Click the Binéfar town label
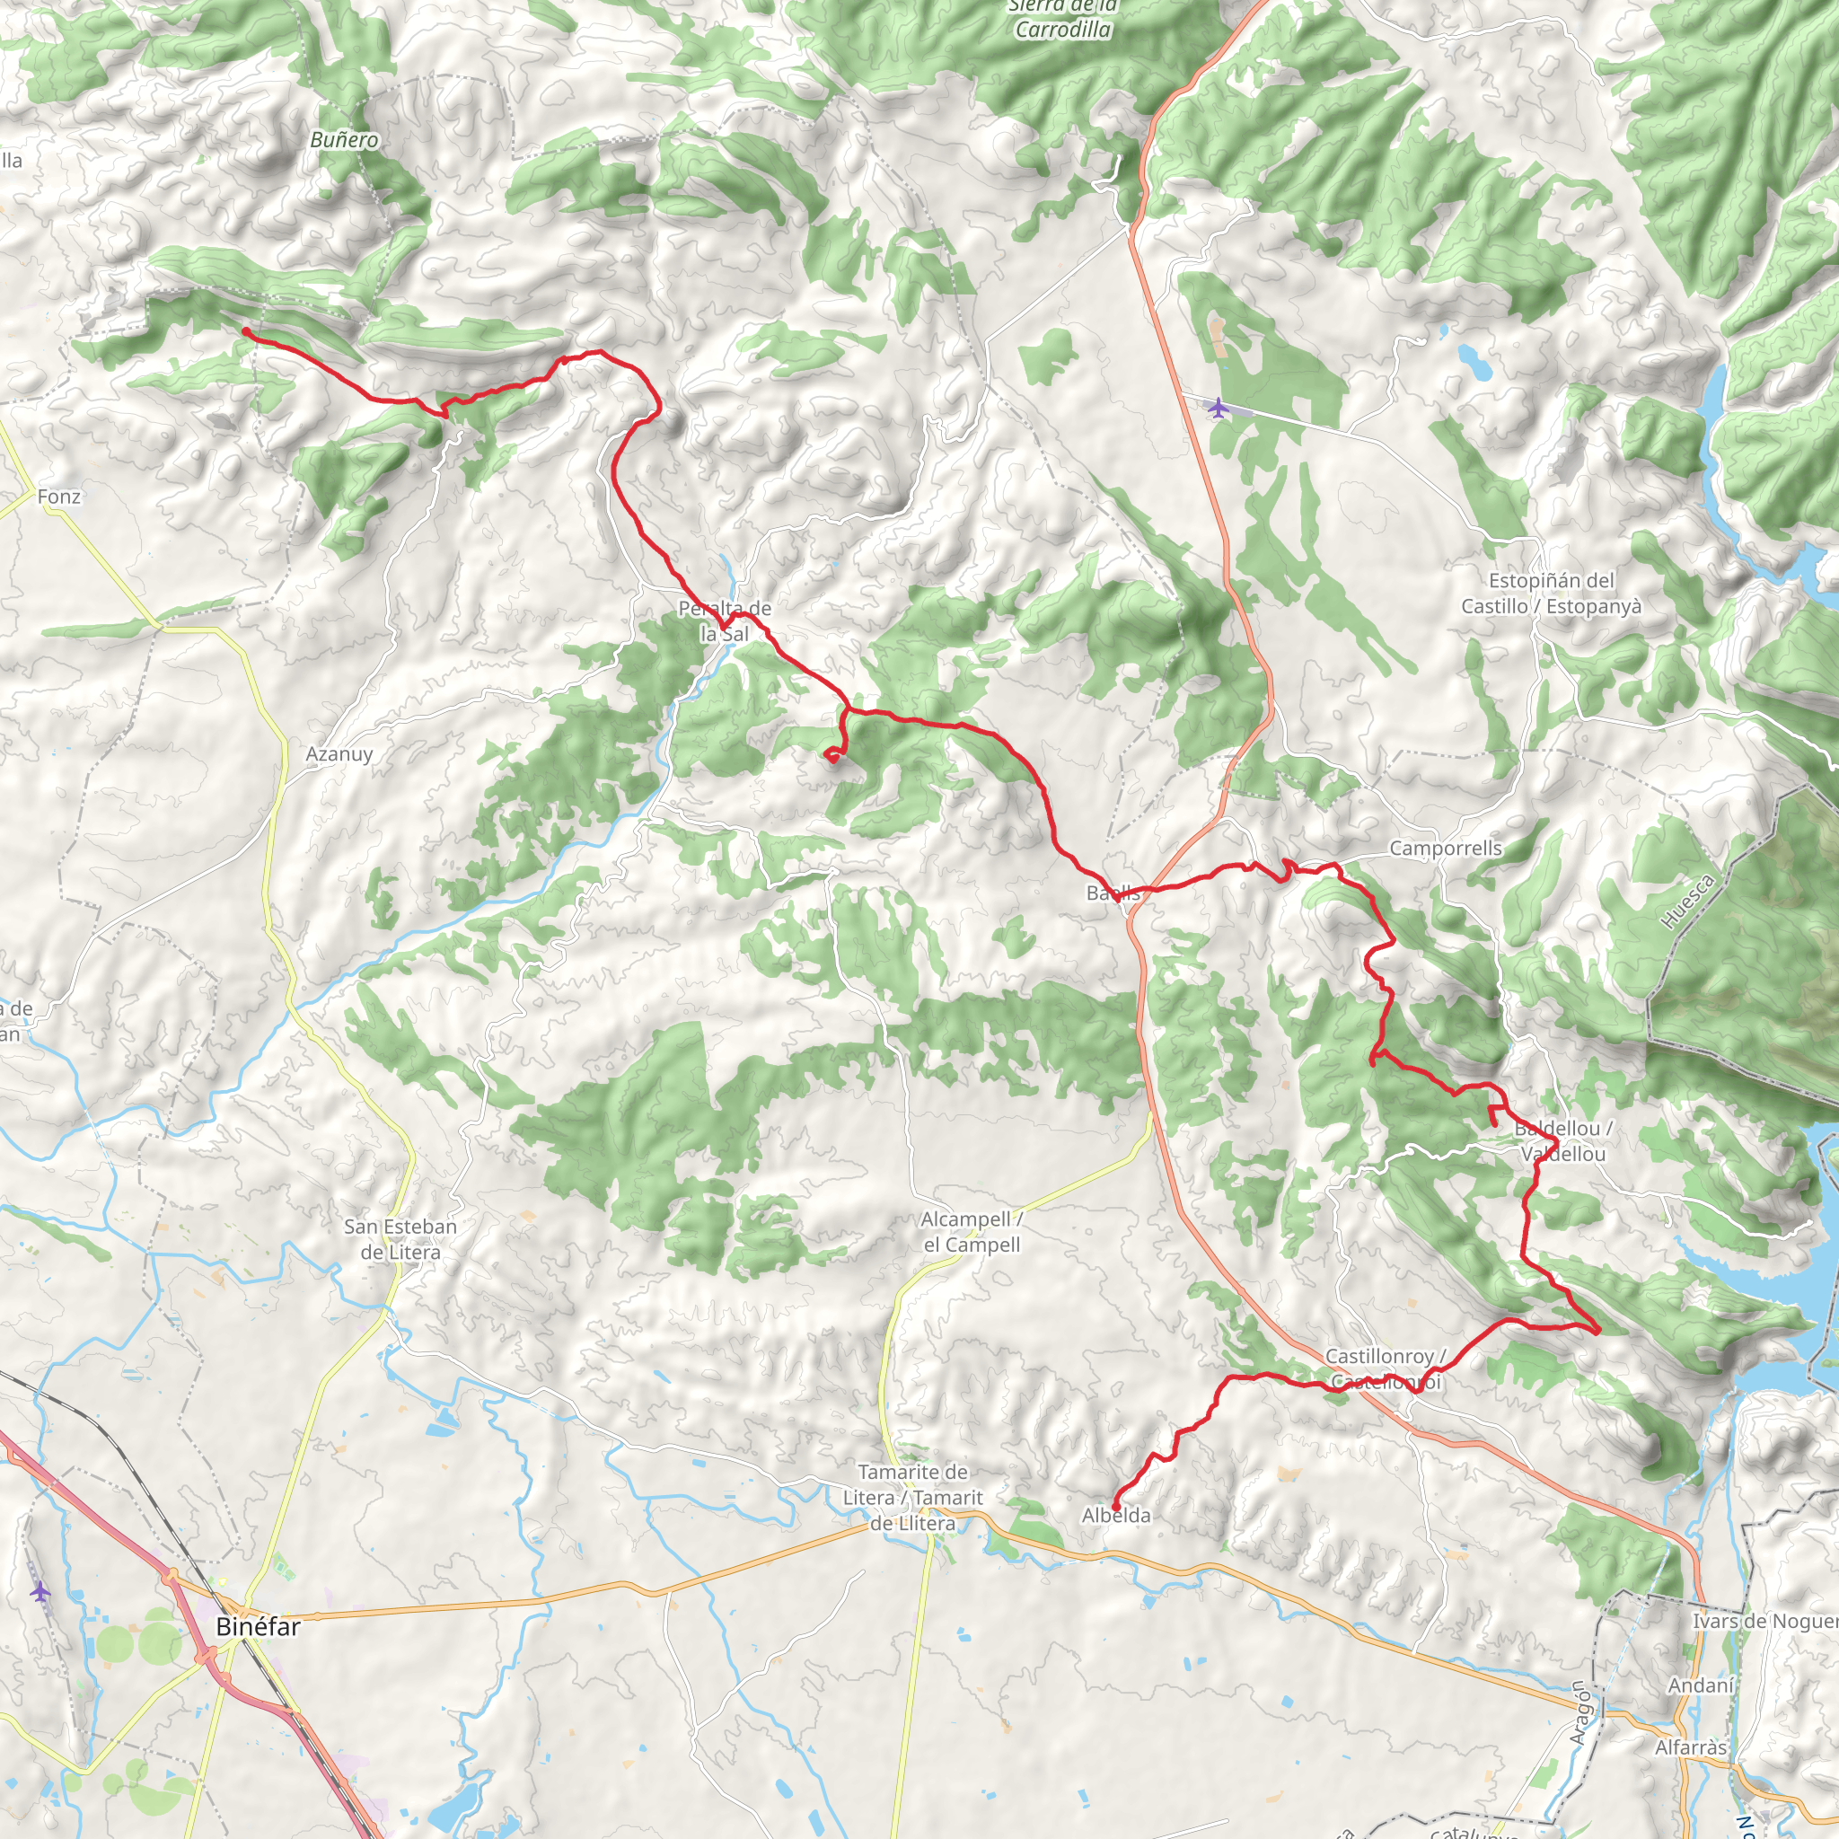coord(258,1627)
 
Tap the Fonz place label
coord(59,497)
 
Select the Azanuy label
coord(339,754)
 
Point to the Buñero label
coord(344,140)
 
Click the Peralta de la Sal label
coord(725,620)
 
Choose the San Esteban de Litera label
coord(400,1239)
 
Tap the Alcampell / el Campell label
coord(971,1232)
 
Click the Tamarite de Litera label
coord(912,1497)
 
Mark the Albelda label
coord(1115,1516)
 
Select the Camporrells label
coord(1445,848)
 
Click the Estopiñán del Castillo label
coord(1551,593)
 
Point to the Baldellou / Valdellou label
coord(1563,1140)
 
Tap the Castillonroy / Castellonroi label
coord(1385,1368)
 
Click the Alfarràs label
coord(1691,1747)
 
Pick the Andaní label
coord(1701,1685)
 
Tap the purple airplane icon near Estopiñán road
coord(1218,409)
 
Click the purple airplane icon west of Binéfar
coord(39,1590)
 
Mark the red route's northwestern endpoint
coord(245,330)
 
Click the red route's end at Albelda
coord(1114,1504)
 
